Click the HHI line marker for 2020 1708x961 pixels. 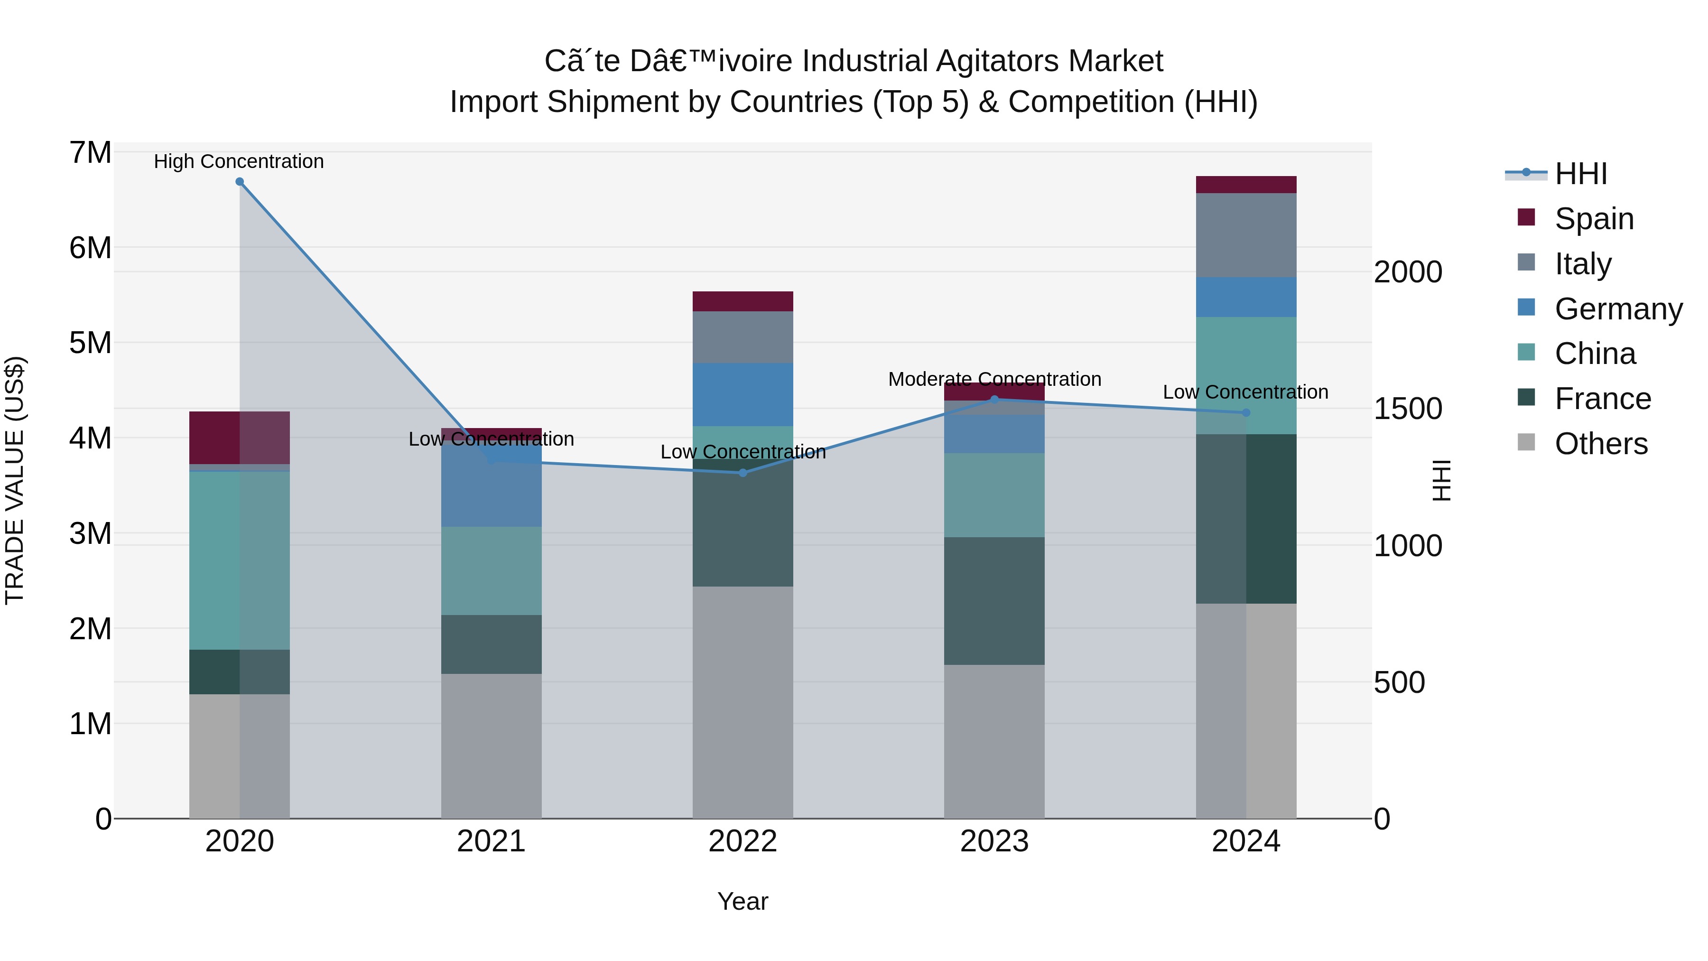240,182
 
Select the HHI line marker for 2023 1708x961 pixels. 994,399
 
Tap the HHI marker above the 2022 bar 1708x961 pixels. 743,473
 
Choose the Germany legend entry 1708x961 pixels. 1618,309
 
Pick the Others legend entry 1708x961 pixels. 1601,444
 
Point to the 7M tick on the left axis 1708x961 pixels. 91,152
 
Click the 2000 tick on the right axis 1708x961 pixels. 1408,272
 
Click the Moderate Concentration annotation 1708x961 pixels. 994,379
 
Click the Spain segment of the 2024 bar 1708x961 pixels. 1245,185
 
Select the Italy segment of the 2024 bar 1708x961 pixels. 1245,235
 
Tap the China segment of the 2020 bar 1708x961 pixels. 240,560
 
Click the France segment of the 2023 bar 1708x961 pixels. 994,600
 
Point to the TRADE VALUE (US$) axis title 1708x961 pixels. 15,480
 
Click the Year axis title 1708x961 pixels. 743,901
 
